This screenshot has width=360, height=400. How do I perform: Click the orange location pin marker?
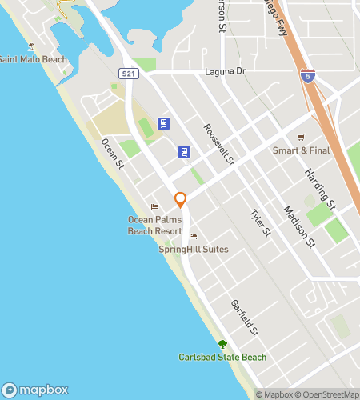pos(181,199)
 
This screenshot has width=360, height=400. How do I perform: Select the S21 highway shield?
pos(129,73)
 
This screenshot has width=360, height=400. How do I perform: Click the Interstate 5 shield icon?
pos(308,76)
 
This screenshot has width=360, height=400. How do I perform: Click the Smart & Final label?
pos(301,150)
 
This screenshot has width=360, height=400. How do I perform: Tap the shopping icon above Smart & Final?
pos(301,137)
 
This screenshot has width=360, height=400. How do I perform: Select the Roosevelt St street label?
pos(218,145)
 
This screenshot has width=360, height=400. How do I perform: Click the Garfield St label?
pos(244,318)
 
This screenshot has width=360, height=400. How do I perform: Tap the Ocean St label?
pos(112,153)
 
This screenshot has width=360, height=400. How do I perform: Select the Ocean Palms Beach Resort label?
pos(155,225)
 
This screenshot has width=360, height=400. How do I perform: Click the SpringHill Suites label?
pos(194,250)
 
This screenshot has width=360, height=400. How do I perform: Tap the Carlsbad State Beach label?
pos(222,357)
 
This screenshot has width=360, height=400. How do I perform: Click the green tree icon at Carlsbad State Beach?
pos(222,344)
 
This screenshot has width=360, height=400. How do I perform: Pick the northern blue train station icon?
pos(164,123)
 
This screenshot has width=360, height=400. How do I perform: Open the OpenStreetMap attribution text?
pos(330,394)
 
